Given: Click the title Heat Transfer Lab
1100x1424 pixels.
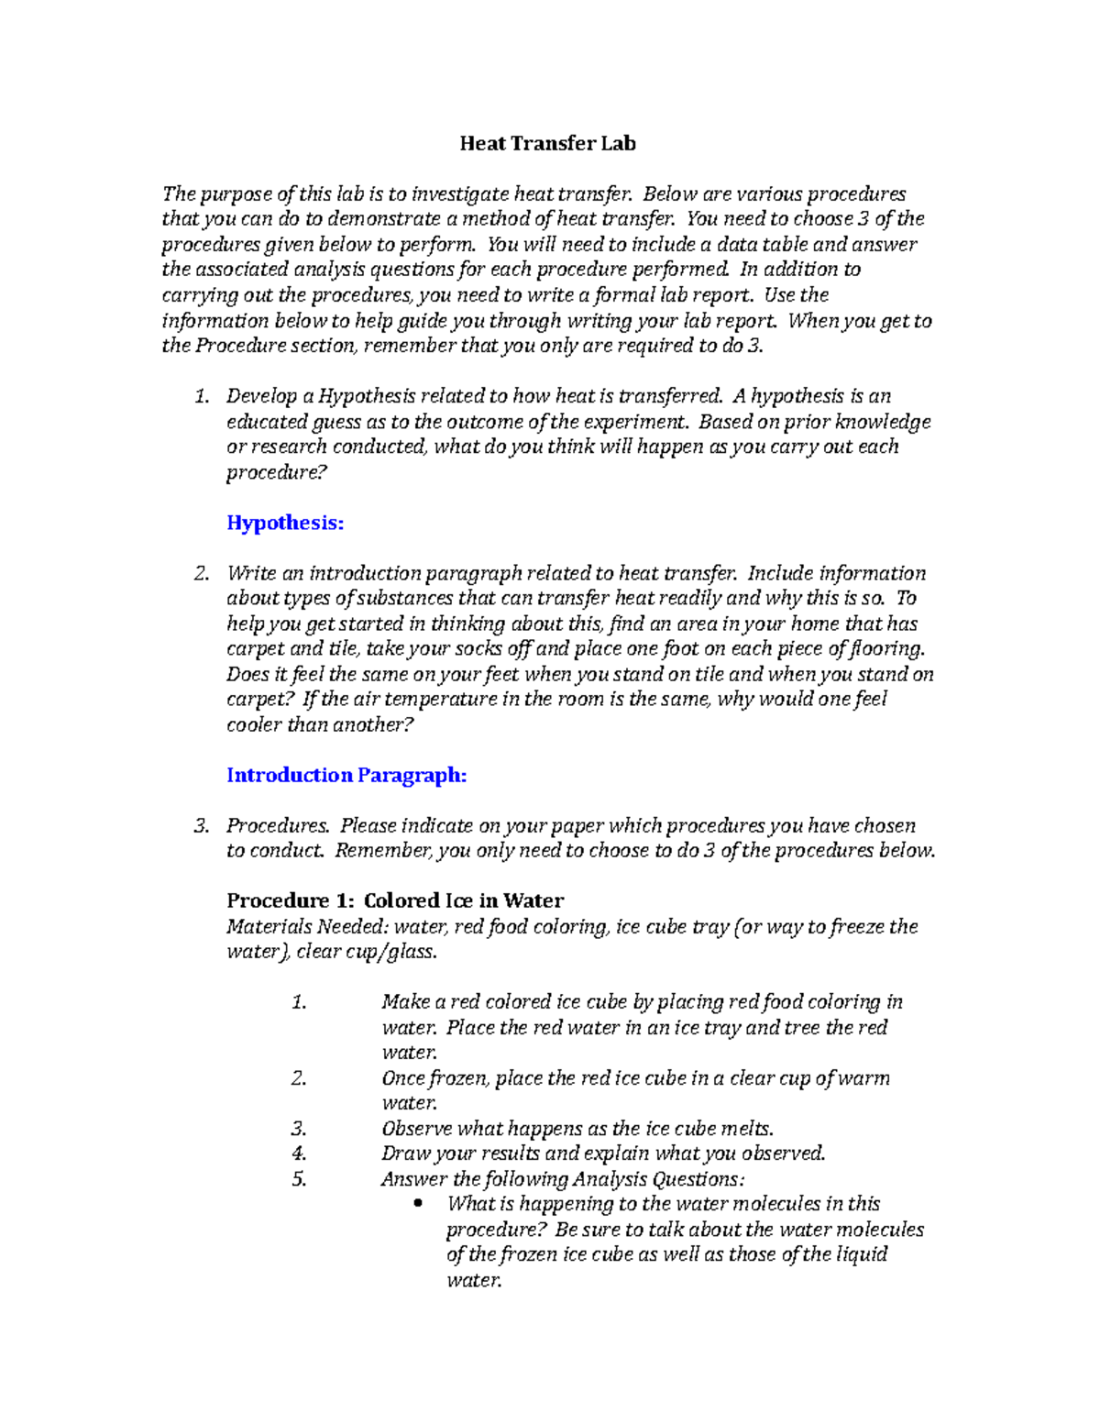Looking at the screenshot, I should click(547, 143).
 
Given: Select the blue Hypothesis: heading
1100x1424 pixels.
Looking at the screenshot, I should click(285, 523).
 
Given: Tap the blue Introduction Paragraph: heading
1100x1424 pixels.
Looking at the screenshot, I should click(346, 775).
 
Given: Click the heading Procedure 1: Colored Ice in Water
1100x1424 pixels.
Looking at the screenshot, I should click(395, 900).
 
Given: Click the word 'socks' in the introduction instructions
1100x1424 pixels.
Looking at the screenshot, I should click(479, 648).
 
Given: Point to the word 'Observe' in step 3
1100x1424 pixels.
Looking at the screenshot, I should click(416, 1128).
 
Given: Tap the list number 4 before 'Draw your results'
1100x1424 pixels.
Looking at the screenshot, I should click(299, 1153).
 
